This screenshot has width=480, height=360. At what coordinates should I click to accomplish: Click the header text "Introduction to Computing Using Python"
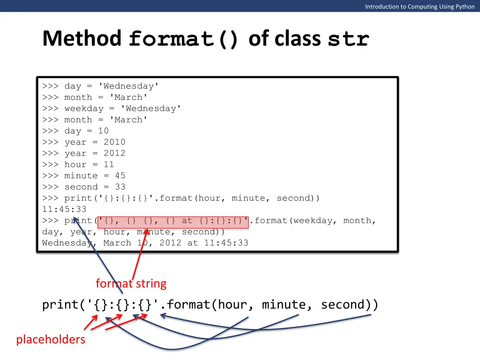point(420,7)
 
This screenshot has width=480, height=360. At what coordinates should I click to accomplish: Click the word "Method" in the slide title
point(82,39)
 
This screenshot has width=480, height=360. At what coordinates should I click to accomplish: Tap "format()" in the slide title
point(184,39)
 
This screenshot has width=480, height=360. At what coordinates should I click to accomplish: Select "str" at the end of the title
point(348,39)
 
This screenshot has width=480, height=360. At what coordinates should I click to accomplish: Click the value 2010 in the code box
point(114,142)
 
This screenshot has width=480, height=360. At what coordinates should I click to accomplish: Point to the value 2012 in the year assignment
point(114,153)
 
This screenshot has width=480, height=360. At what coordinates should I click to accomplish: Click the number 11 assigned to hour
point(109,165)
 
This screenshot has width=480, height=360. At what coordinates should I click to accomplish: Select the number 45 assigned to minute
point(120,176)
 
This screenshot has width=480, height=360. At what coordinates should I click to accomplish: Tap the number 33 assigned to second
point(120,187)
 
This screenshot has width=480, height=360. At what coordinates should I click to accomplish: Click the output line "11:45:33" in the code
point(64,210)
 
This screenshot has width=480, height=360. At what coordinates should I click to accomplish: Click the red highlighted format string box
point(173,221)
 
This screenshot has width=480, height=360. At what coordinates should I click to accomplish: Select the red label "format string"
point(131,284)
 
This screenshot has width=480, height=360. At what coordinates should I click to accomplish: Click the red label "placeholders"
point(51,339)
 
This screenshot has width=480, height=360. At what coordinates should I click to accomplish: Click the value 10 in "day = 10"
point(103,131)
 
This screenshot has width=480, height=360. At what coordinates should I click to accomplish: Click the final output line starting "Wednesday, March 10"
point(145,243)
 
